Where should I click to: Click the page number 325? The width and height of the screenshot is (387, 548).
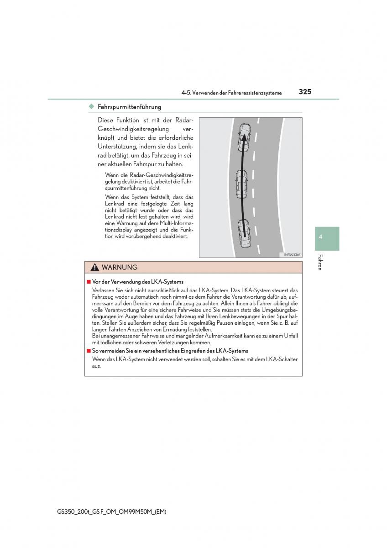305,92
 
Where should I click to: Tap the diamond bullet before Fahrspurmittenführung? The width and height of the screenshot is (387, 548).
91,107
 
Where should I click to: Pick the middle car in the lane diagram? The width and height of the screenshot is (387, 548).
241,184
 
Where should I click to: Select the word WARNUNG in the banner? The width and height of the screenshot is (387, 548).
120,268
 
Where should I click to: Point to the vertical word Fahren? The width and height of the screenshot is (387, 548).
320,262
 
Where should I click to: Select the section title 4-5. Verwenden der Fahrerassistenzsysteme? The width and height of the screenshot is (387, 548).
231,93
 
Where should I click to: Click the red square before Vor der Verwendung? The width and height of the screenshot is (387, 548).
89,282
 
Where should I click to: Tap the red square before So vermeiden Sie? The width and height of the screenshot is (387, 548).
89,351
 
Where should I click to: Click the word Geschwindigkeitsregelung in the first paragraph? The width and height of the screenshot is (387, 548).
131,129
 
